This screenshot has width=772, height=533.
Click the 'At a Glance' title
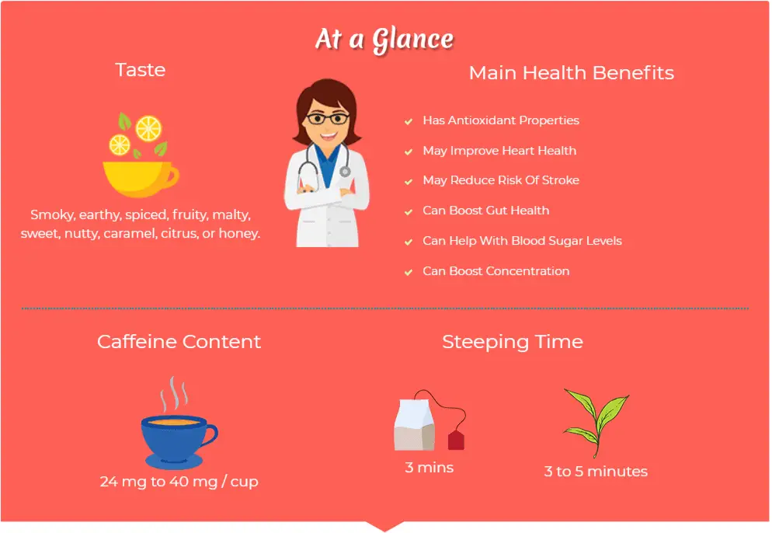coord(384,40)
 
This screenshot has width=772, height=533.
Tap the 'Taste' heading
coord(141,70)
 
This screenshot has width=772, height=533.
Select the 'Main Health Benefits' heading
coord(571,73)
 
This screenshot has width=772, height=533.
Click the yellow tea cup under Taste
coord(141,179)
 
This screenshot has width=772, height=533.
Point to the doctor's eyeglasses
coord(327,119)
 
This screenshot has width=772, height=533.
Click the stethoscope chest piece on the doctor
coord(345,172)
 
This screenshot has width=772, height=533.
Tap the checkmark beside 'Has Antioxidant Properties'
coord(409,121)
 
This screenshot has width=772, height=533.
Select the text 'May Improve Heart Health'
coord(499,151)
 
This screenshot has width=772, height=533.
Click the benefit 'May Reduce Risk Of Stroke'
coord(501,180)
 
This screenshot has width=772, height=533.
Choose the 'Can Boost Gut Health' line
coord(486,211)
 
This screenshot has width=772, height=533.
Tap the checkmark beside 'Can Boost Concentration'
coord(409,272)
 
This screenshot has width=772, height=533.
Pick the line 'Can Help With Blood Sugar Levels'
coord(522,241)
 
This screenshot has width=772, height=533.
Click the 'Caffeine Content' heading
coord(179,342)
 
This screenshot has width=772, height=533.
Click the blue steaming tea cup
coord(178,441)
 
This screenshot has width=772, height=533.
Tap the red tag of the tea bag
coord(456,440)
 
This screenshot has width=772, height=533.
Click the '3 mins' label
coord(429,468)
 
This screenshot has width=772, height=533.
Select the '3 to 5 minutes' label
coord(596,472)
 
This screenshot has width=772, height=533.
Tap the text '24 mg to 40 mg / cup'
coord(179,482)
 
